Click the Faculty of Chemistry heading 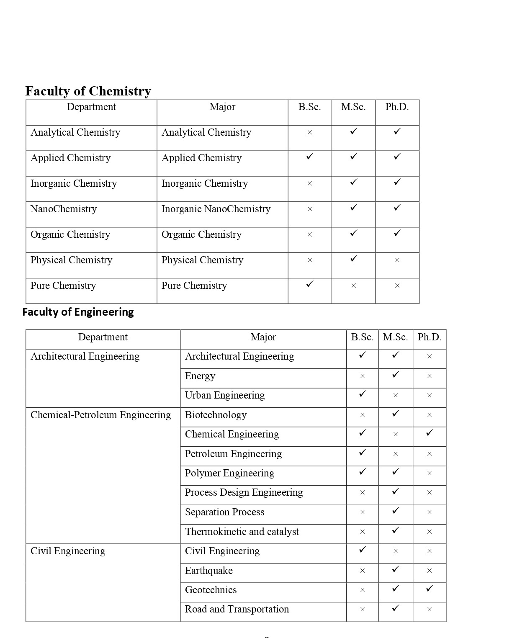[x=88, y=91]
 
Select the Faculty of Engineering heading [x=78, y=312]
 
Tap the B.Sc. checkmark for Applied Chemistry [x=310, y=157]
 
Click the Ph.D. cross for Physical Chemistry [x=397, y=260]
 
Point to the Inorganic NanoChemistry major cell [x=216, y=209]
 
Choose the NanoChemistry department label [x=64, y=209]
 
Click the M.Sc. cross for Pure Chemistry [x=354, y=286]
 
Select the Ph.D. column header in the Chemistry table [x=397, y=107]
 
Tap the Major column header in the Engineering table [x=263, y=337]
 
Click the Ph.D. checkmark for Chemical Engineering [x=429, y=433]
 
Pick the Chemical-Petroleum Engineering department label [x=100, y=415]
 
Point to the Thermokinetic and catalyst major [x=242, y=532]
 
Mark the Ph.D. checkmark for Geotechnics [x=429, y=589]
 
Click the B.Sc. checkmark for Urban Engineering [x=363, y=394]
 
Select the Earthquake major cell [x=208, y=571]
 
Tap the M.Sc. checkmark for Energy [x=396, y=375]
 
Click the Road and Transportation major [x=237, y=609]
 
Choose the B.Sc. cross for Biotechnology [x=363, y=415]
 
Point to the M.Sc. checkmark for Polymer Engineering [x=396, y=472]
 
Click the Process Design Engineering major [x=244, y=492]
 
